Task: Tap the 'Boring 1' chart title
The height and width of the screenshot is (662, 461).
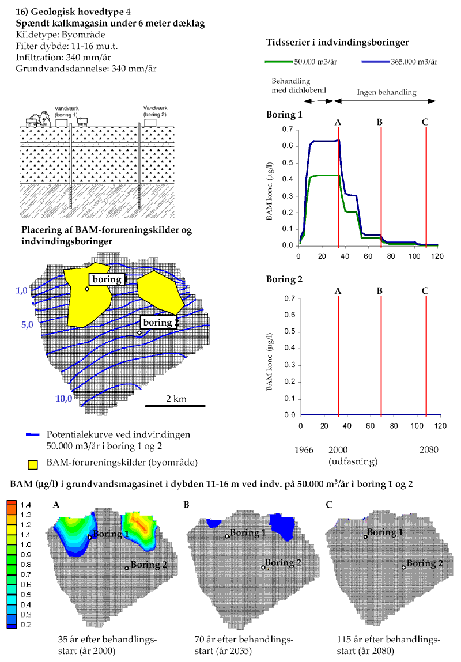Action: pos(284,115)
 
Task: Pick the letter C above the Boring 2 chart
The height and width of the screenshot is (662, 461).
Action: pos(425,290)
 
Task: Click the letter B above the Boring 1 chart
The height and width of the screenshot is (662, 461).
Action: pos(380,122)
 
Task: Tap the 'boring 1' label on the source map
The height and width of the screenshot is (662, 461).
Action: pos(108,279)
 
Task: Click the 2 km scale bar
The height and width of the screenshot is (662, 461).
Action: pos(175,406)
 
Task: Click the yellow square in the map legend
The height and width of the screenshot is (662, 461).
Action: pos(35,463)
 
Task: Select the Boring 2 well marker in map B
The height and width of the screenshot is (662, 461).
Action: pos(263,568)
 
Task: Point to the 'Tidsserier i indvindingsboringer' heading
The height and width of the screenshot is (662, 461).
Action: pos(338,42)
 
